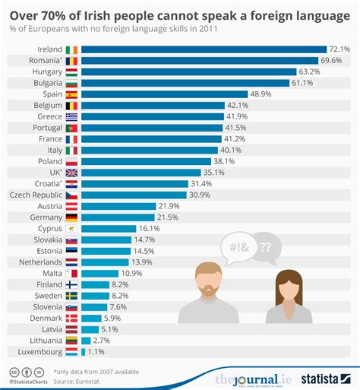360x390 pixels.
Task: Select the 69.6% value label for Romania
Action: pyautogui.click(x=333, y=61)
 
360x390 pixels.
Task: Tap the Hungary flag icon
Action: pyautogui.click(x=71, y=72)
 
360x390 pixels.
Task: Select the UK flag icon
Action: pyautogui.click(x=71, y=173)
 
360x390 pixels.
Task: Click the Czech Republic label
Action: pyautogui.click(x=32, y=195)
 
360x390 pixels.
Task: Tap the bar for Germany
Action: pyautogui.click(x=118, y=217)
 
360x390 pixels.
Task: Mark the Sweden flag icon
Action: pyautogui.click(x=71, y=296)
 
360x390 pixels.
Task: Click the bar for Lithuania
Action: pyautogui.click(x=85, y=341)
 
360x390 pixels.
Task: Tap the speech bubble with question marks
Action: pyautogui.click(x=266, y=248)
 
